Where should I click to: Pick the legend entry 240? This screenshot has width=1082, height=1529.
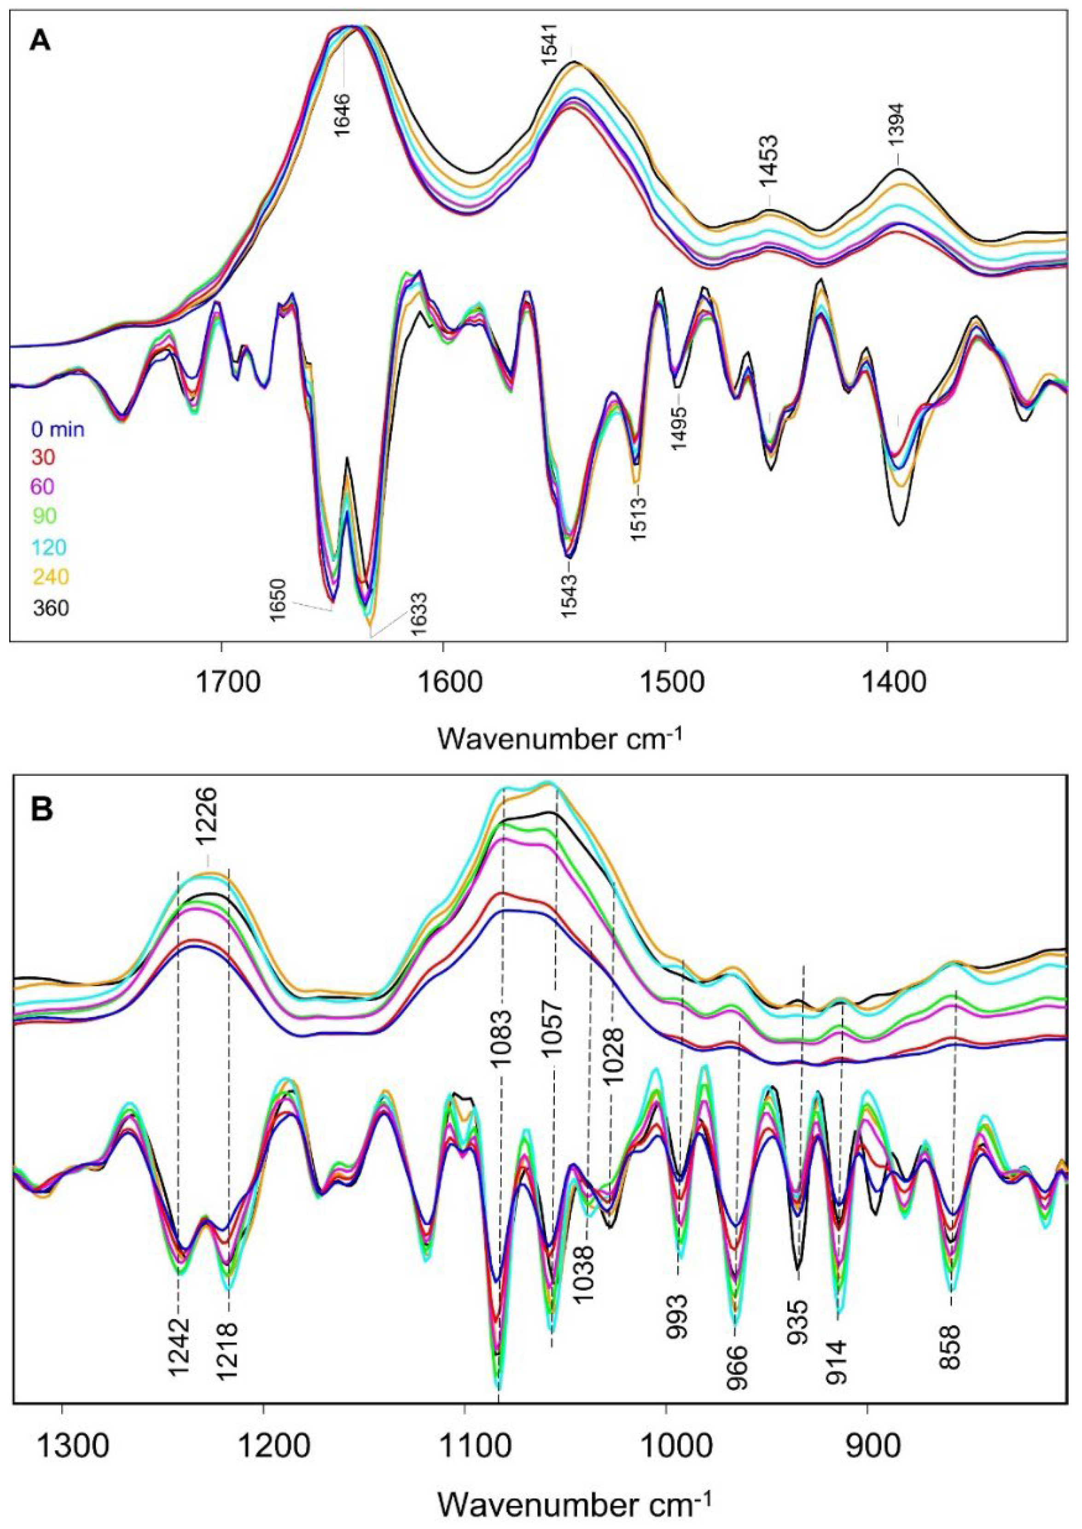point(51,576)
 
